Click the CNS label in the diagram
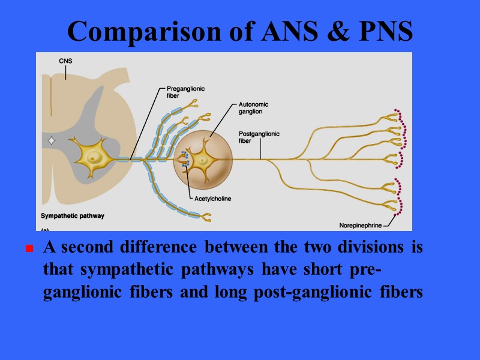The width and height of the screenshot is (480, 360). pos(66,61)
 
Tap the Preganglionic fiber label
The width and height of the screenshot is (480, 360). pos(185,92)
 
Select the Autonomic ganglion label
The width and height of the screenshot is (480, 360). pos(253,108)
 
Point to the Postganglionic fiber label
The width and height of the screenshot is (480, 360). pos(259,137)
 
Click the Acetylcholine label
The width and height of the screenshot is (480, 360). pos(213,199)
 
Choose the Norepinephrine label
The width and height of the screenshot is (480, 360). pos(360,226)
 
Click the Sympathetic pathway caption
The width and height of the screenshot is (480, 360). pos(73,215)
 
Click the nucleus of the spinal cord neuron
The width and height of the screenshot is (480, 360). pos(94,157)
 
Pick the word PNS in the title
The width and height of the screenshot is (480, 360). pos(382,32)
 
